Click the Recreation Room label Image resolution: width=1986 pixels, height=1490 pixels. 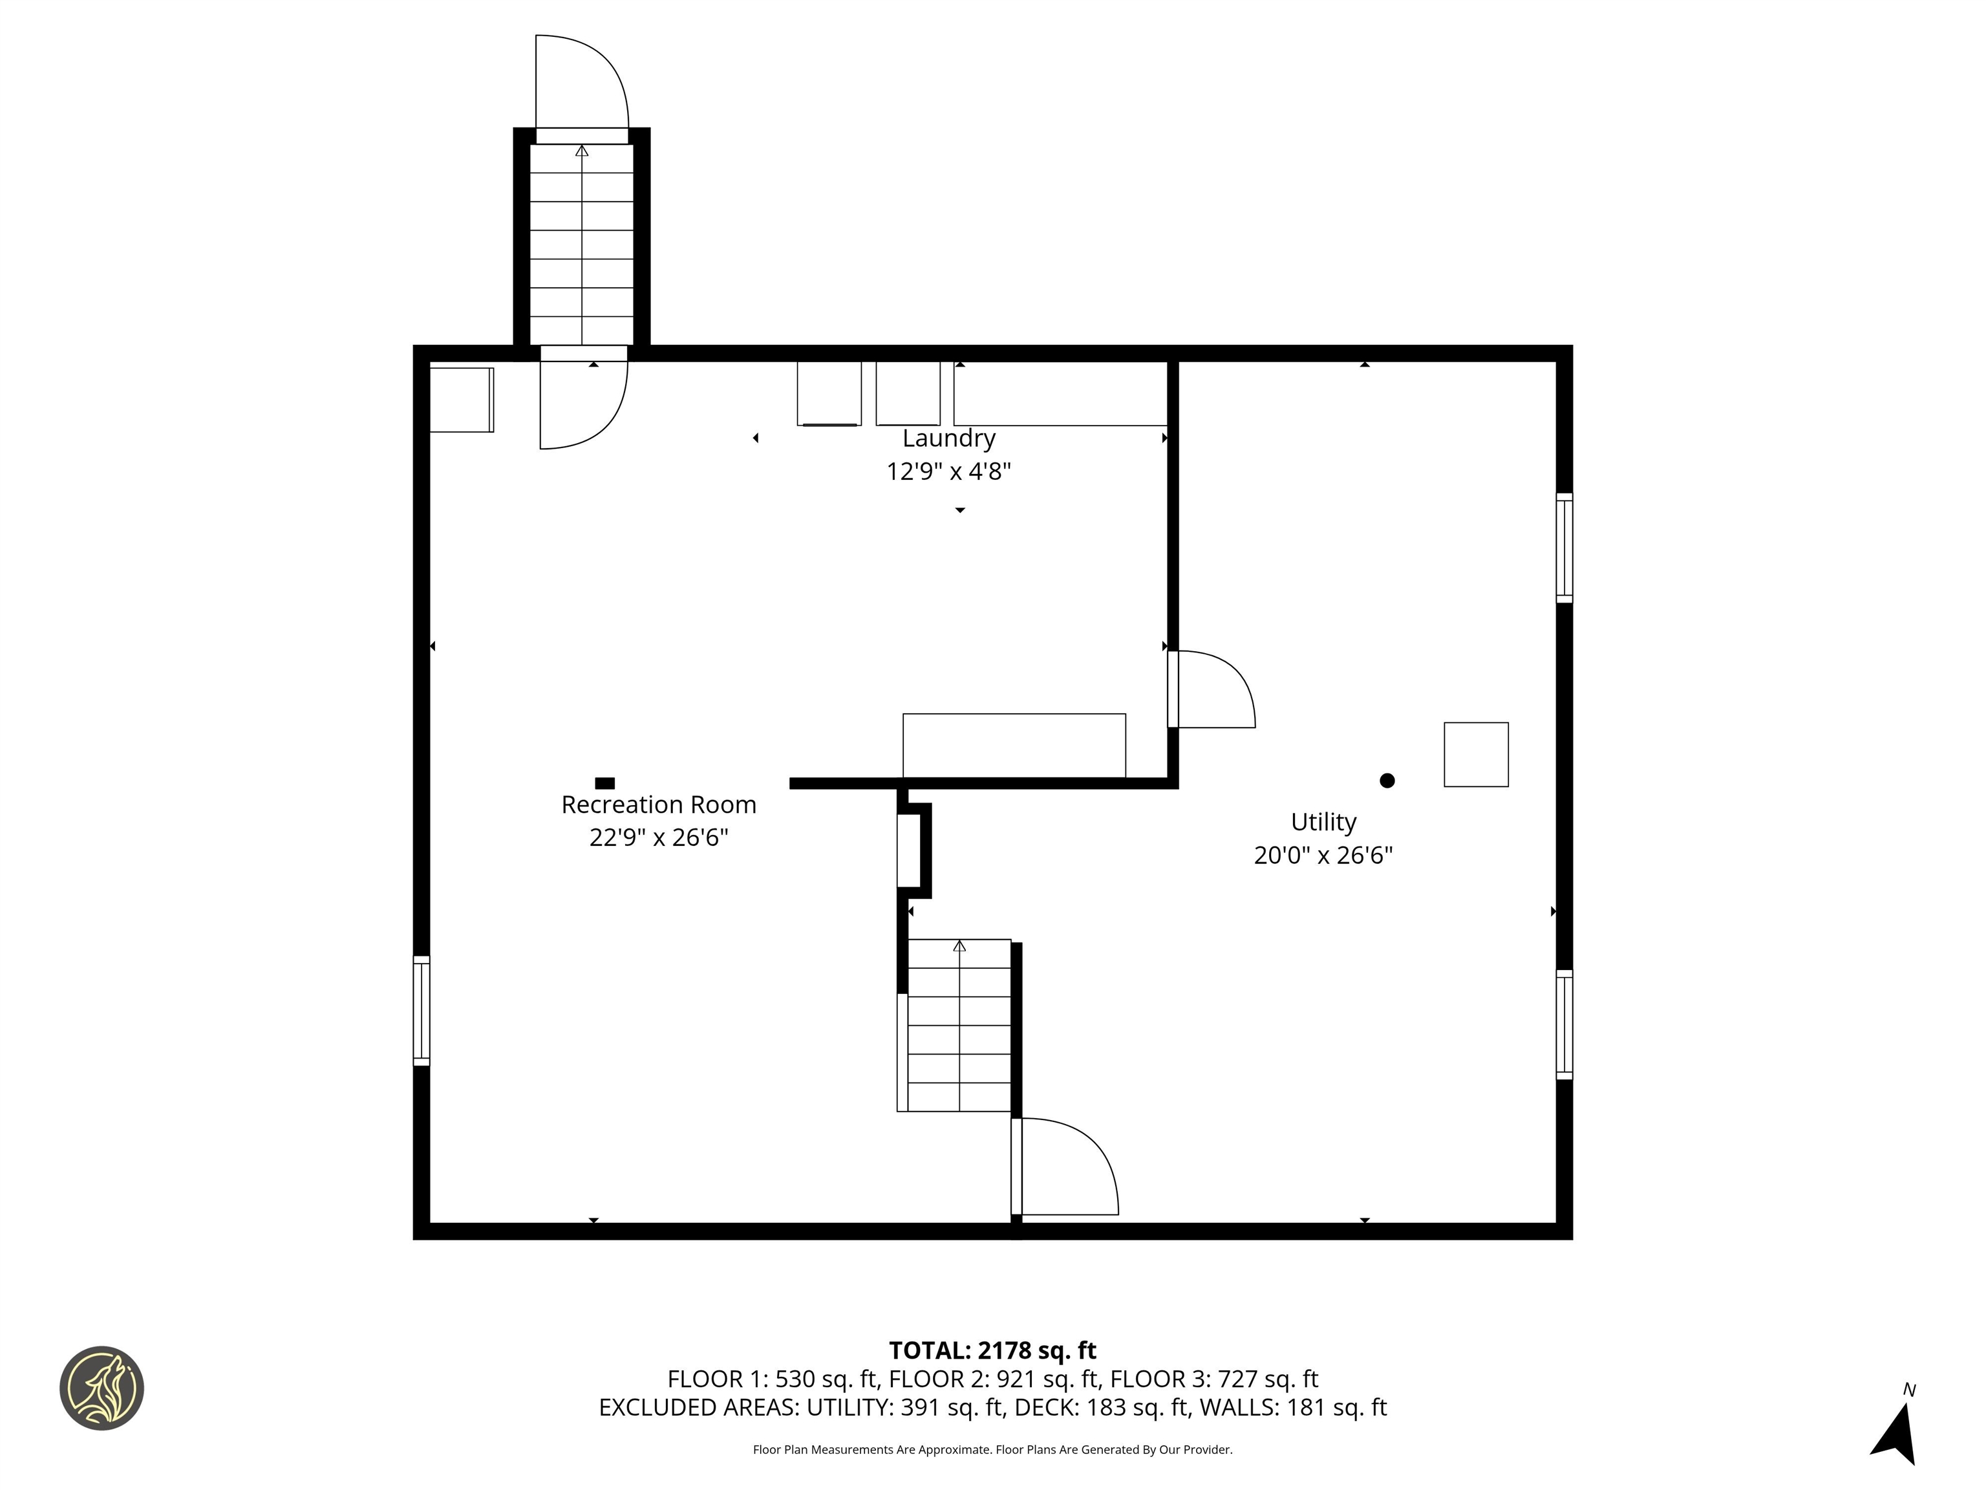tap(658, 804)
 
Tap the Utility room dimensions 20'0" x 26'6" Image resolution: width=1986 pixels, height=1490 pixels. tap(1323, 855)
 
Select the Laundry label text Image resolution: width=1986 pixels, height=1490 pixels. tap(948, 438)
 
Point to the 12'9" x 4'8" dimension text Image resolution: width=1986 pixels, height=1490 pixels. tap(948, 471)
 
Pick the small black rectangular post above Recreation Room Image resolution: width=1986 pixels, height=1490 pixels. tap(605, 783)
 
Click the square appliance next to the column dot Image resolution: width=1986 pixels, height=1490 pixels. tap(1475, 755)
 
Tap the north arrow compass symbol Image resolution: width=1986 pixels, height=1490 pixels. tap(1895, 1432)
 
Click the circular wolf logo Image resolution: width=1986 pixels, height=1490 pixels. tap(101, 1388)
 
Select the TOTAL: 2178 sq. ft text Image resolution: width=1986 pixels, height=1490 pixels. tap(992, 1351)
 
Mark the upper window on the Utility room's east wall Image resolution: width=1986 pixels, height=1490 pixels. tap(1563, 548)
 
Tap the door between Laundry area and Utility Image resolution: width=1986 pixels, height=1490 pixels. tap(1212, 690)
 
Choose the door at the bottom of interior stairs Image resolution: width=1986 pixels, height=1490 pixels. tap(1067, 1167)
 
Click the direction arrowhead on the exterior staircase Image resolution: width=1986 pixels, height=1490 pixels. tap(582, 151)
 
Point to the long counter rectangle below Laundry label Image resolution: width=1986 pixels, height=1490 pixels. tap(1014, 746)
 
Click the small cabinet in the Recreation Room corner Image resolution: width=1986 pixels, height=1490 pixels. tap(460, 400)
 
